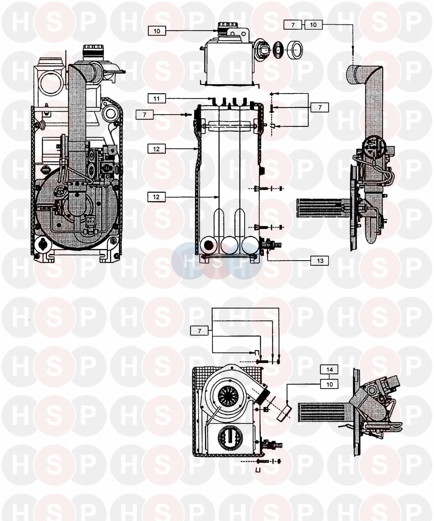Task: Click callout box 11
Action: (x=157, y=99)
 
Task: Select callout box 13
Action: (x=320, y=261)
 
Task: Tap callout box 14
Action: (x=330, y=369)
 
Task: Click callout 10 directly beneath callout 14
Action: (x=330, y=384)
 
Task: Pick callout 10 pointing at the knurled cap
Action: (x=157, y=31)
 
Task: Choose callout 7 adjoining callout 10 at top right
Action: (x=293, y=25)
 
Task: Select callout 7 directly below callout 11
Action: (x=145, y=115)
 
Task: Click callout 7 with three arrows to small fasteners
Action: (x=320, y=107)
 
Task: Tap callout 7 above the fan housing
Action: (x=199, y=331)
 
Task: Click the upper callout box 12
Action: (x=156, y=149)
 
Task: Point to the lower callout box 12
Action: (x=156, y=197)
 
